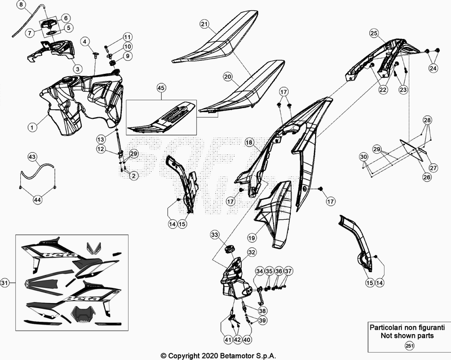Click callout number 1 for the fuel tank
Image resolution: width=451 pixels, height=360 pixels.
click(32, 127)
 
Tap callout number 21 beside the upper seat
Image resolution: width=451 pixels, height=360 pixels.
click(204, 24)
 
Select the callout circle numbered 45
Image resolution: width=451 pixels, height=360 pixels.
click(161, 88)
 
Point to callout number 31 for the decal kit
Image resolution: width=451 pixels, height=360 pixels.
click(5, 283)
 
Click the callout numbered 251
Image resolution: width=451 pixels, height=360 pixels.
click(409, 345)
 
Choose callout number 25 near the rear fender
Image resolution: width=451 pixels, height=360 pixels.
click(374, 33)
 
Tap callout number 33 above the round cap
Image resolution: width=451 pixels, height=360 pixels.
click(215, 235)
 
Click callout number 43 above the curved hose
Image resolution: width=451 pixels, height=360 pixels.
click(32, 157)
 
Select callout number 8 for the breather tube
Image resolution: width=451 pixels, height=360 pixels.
click(21, 5)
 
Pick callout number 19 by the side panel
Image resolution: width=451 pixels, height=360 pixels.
click(251, 238)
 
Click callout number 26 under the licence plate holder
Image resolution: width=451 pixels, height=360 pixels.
click(427, 177)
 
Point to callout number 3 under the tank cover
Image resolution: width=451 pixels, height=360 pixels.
click(77, 69)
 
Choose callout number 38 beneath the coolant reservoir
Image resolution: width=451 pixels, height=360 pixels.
click(262, 311)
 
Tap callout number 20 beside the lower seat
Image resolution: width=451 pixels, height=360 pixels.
click(228, 77)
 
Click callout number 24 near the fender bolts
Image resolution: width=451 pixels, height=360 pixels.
click(433, 68)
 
